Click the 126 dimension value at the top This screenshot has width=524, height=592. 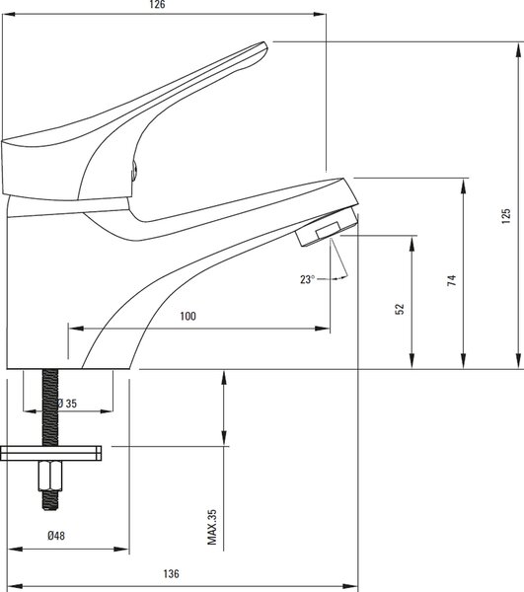[158, 5]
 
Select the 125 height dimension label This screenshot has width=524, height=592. [506, 216]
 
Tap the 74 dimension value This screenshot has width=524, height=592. [452, 280]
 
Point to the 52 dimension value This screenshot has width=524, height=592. [400, 309]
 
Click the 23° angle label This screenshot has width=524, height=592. [307, 279]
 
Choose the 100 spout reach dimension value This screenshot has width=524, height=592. [188, 316]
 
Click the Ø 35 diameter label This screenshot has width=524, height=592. [67, 404]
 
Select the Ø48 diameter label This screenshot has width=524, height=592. [56, 536]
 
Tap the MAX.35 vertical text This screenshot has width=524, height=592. [212, 527]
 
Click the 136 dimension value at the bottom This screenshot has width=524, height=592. [171, 574]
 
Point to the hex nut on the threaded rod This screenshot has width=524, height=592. [50, 476]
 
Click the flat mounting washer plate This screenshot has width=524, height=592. [50, 453]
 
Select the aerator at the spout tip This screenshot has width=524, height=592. [328, 226]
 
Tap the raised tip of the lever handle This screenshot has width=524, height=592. [262, 46]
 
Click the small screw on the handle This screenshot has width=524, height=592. [133, 171]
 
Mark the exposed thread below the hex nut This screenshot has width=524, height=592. [50, 500]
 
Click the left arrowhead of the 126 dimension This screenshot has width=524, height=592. [8, 14]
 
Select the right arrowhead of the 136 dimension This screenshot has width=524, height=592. [351, 586]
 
